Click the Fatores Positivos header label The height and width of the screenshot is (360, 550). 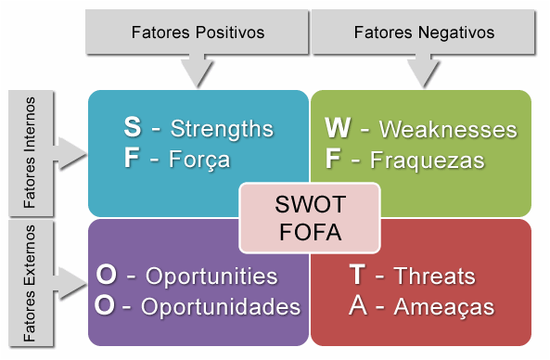click(x=198, y=32)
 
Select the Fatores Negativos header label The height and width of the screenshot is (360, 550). click(x=424, y=32)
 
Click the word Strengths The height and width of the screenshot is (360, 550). click(x=223, y=127)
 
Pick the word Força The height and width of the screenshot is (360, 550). click(x=200, y=160)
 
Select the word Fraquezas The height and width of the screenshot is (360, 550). click(x=427, y=160)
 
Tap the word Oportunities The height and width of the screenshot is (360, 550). click(x=212, y=276)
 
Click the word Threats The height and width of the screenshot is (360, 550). click(x=434, y=276)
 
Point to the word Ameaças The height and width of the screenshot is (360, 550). click(x=443, y=307)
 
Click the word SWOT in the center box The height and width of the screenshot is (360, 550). click(x=310, y=204)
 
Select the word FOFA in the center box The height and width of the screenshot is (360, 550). click(x=310, y=231)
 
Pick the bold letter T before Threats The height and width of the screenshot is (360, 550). click(x=357, y=276)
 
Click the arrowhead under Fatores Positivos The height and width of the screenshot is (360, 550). click(x=198, y=71)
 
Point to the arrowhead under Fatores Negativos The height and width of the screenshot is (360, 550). click(x=424, y=71)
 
